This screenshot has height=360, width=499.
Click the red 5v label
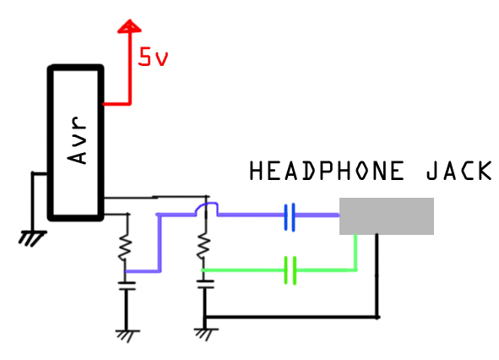pos(153,57)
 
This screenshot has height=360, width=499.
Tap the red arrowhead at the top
pos(129,26)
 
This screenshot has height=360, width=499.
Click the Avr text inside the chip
pos(77,140)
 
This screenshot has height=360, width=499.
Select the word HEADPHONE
pos(327,171)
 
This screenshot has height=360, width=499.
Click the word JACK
pos(459,171)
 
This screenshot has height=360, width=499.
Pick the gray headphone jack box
pos(387,216)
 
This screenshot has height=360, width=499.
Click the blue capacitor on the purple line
pos(290,217)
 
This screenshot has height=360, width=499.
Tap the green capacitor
pos(290,270)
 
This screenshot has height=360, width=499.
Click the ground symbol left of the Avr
pos(32,238)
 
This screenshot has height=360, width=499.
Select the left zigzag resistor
pos(126,248)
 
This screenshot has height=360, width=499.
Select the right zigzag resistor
pos(203,246)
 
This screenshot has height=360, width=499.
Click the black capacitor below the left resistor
pos(127,286)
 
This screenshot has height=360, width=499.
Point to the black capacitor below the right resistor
pos(205,284)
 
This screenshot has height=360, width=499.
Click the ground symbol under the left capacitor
pos(127,336)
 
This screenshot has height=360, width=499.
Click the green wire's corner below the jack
pos(355,270)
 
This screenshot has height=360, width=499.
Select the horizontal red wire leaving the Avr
pos(117,104)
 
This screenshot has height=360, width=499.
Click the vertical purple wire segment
pos(160,243)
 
